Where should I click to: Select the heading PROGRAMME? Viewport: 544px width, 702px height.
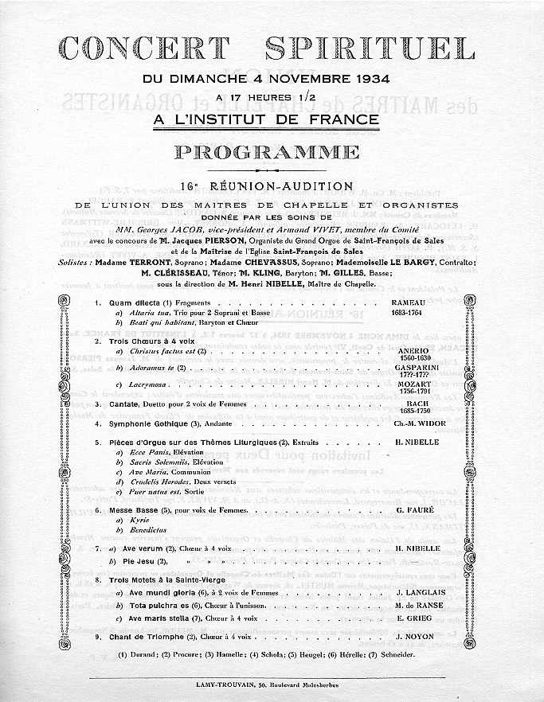(272, 152)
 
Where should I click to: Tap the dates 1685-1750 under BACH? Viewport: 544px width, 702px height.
(410, 411)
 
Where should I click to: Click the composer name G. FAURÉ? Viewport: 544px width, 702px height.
(413, 509)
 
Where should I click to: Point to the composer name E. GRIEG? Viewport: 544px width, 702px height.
(412, 618)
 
